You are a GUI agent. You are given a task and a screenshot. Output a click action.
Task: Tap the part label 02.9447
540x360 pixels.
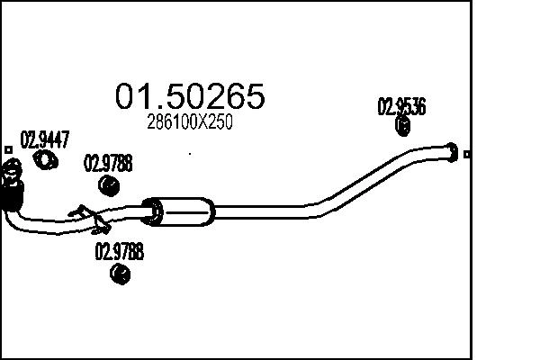pyautogui.click(x=45, y=139)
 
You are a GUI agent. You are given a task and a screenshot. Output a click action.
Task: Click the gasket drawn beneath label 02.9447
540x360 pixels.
pyautogui.click(x=44, y=160)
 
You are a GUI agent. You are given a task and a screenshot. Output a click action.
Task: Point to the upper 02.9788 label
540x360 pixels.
pyautogui.click(x=108, y=164)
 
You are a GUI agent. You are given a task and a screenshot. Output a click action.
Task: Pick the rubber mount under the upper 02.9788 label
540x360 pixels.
pyautogui.click(x=108, y=185)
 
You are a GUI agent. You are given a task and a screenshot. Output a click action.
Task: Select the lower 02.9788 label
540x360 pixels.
pyautogui.click(x=119, y=254)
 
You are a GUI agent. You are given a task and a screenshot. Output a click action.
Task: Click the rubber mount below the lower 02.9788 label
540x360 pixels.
pyautogui.click(x=117, y=277)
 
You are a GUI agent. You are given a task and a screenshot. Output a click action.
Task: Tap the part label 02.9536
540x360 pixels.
pyautogui.click(x=400, y=106)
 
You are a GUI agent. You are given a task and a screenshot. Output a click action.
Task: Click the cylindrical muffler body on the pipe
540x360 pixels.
pyautogui.click(x=184, y=210)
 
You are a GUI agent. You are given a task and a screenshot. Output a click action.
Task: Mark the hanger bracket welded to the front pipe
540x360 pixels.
pyautogui.click(x=86, y=214)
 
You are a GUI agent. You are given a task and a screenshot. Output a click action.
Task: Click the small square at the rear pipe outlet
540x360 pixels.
pyautogui.click(x=467, y=154)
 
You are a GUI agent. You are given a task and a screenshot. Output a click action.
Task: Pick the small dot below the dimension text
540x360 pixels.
pyautogui.click(x=189, y=154)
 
